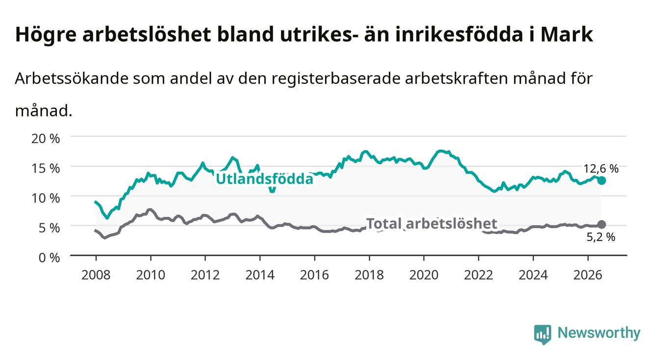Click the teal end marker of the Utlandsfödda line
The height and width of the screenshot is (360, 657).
(602, 180)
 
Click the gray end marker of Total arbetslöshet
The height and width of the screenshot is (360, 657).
(602, 225)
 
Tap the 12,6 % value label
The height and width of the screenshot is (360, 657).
(601, 169)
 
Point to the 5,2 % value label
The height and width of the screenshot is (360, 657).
(601, 237)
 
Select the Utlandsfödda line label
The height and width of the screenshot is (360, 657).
(265, 179)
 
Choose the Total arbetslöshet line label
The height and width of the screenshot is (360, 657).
(432, 224)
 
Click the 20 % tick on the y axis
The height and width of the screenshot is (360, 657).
(46, 138)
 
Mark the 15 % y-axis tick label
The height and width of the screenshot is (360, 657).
(46, 168)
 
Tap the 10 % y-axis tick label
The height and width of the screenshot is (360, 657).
(46, 198)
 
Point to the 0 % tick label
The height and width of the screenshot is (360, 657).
(49, 257)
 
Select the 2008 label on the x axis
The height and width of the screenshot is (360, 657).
(96, 275)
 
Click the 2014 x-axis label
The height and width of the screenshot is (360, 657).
(260, 275)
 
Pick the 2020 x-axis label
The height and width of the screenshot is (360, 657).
(424, 275)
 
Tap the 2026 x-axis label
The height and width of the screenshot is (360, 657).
(588, 275)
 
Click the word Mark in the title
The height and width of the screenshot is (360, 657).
(567, 34)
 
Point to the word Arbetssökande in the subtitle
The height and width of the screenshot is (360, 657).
(72, 78)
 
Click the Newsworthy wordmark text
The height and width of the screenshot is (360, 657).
(599, 333)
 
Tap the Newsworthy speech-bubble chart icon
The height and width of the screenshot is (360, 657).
(543, 334)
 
